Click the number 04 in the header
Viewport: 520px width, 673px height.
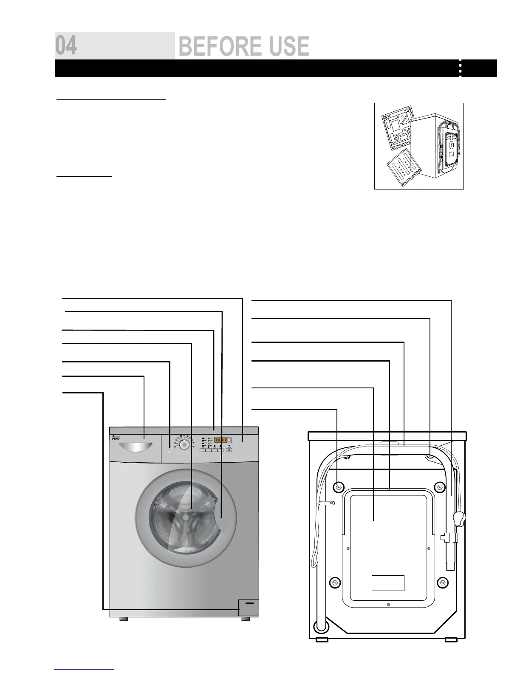[x=66, y=46]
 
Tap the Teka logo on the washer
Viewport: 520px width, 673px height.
[x=116, y=438]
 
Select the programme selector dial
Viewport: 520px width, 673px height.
[x=184, y=444]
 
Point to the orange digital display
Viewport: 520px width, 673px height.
[x=220, y=441]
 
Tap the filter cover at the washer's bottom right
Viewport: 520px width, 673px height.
[x=248, y=607]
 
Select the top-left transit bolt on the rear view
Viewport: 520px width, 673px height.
[x=338, y=486]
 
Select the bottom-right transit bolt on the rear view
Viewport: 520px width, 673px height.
[x=443, y=582]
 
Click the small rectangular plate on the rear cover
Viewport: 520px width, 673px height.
[x=387, y=583]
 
